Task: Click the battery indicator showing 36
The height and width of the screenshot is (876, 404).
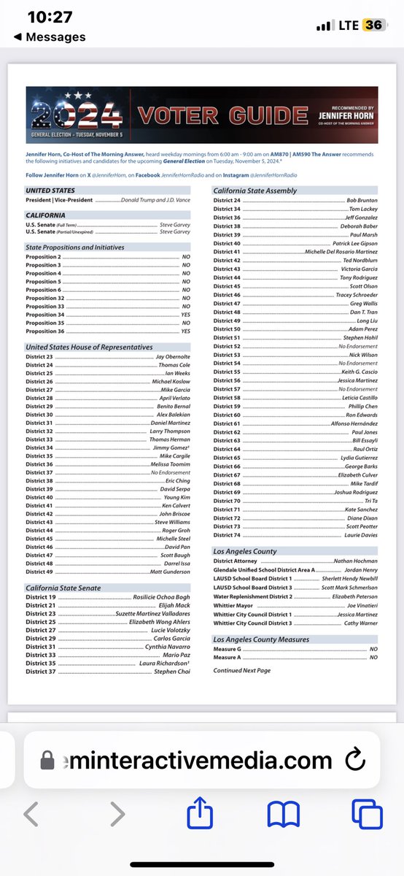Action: (374, 25)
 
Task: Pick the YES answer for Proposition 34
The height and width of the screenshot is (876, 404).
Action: (185, 315)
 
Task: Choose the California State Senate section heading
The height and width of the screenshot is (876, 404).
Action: (63, 588)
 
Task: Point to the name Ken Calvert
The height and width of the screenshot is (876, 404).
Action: (176, 505)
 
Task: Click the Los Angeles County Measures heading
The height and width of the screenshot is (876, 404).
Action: (261, 639)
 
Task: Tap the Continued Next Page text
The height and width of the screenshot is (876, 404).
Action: (242, 669)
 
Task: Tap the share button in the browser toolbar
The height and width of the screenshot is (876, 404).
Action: (200, 814)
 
